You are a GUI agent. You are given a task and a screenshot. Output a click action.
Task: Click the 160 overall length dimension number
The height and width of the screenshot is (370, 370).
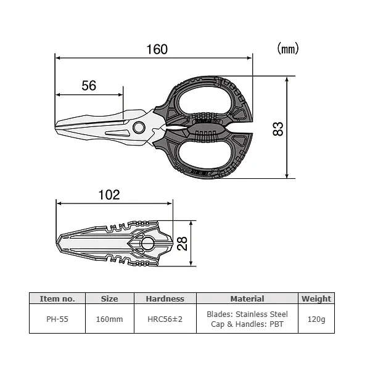pyautogui.click(x=157, y=49)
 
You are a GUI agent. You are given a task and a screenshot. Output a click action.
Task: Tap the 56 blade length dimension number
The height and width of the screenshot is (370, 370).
pyautogui.click(x=89, y=86)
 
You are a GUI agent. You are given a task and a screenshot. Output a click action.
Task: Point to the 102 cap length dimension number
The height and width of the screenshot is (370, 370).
pyautogui.click(x=109, y=195)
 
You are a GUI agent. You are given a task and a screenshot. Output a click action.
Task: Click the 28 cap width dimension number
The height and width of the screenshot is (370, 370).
pyautogui.click(x=182, y=244)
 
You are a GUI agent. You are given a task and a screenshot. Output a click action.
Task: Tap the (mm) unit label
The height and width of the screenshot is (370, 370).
pyautogui.click(x=288, y=48)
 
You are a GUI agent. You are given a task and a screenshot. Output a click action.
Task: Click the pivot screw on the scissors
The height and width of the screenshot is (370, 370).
pyautogui.click(x=139, y=128)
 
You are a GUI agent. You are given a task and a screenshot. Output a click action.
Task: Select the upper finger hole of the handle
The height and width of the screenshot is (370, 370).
pyautogui.click(x=205, y=101)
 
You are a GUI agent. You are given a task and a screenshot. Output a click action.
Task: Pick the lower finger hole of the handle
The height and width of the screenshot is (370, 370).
pyautogui.click(x=203, y=155)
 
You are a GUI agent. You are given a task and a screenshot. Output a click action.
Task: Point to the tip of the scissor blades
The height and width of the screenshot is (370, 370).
pyautogui.click(x=55, y=127)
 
